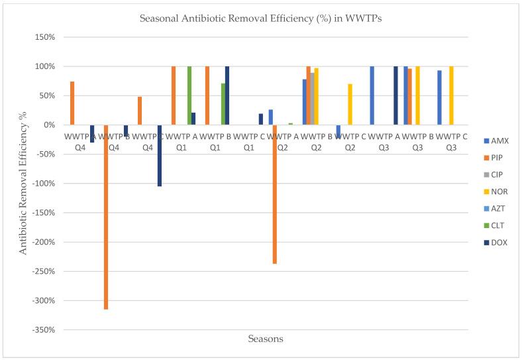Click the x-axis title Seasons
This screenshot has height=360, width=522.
(x=266, y=339)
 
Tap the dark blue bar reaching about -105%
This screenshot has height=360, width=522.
(x=160, y=155)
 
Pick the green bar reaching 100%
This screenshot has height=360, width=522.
(x=189, y=95)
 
